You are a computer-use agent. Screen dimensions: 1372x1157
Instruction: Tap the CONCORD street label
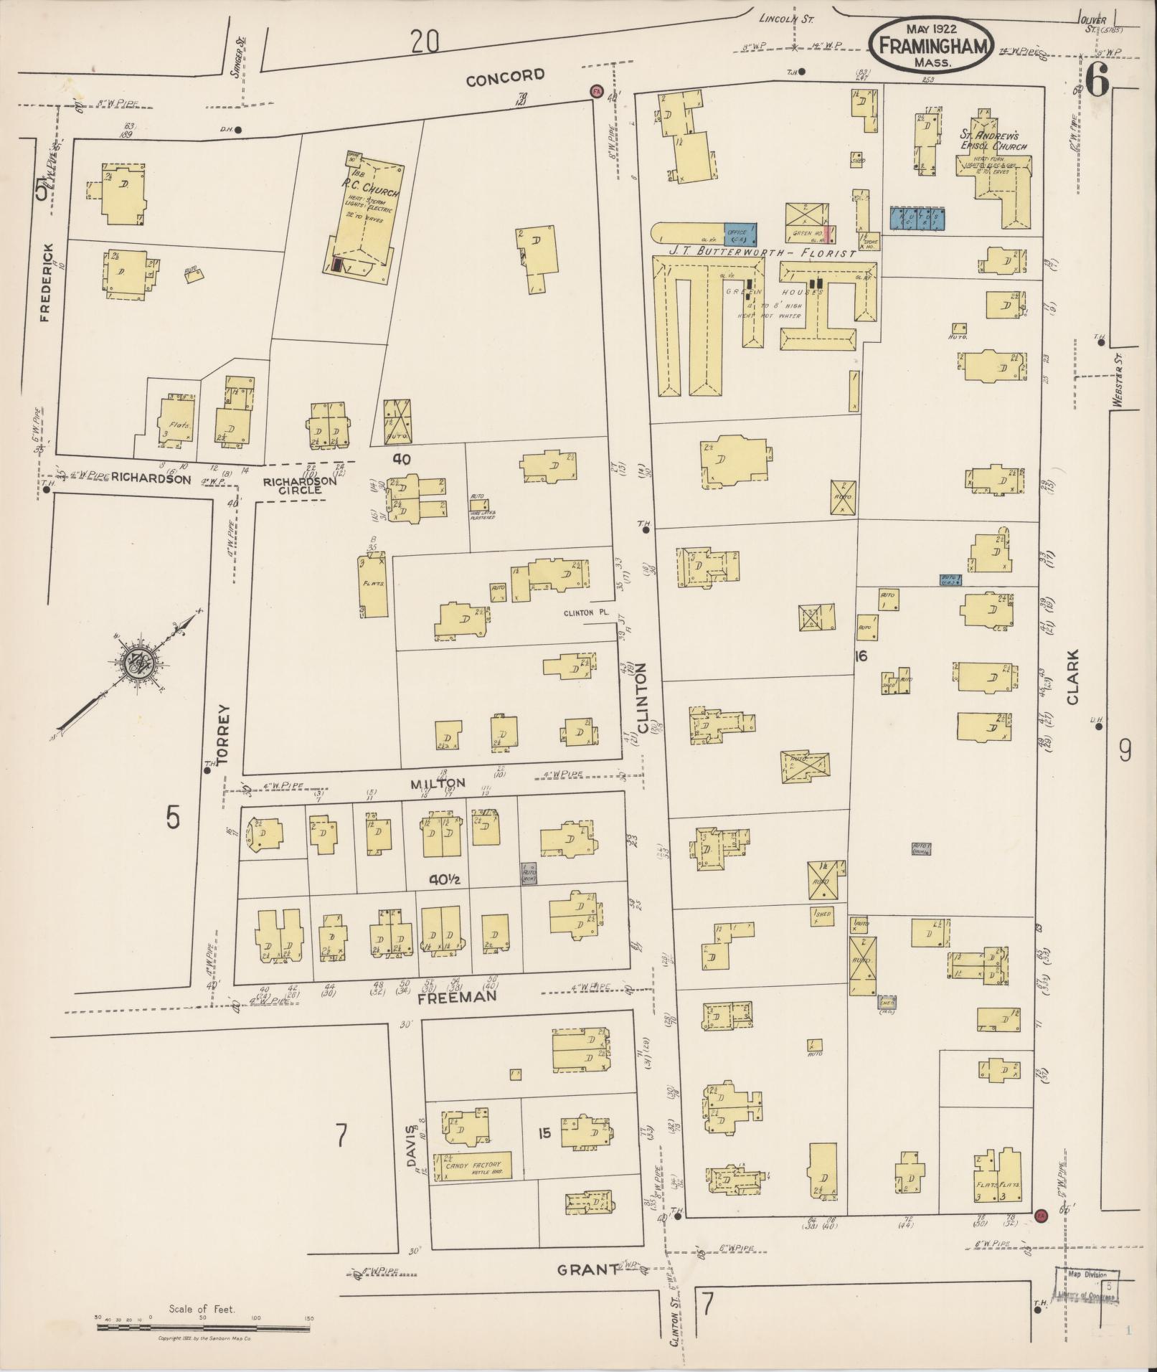(505, 77)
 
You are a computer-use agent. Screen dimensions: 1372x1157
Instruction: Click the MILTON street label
(437, 782)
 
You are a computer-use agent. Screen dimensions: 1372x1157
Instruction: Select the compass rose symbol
(135, 664)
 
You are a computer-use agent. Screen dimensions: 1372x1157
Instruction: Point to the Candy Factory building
(477, 1166)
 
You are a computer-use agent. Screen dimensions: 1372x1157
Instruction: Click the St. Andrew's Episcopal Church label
(993, 140)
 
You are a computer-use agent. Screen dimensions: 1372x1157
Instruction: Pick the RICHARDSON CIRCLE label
(299, 486)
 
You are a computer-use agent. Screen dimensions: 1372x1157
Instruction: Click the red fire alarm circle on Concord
(595, 91)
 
